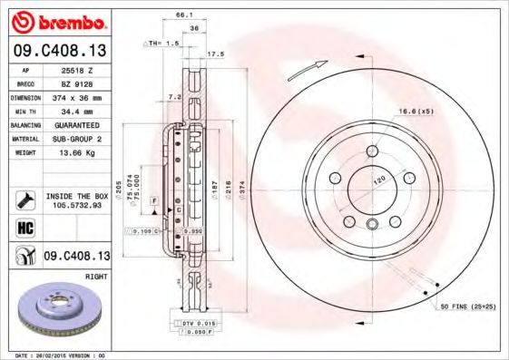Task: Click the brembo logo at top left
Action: [x=57, y=20]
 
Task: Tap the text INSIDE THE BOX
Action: [x=76, y=196]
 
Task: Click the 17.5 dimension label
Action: [x=216, y=54]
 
